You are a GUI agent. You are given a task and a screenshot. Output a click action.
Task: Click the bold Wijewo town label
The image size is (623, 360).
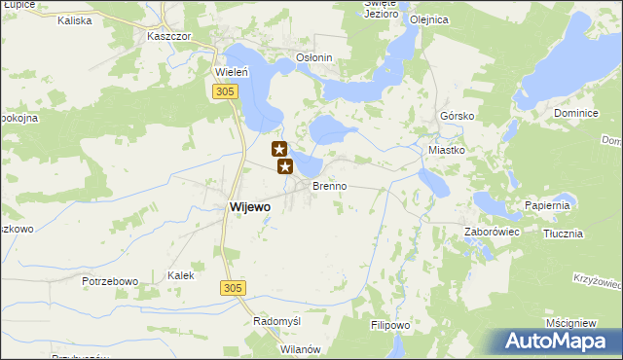(x=250, y=206)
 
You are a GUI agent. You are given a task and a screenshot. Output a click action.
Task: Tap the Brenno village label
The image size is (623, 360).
(x=329, y=185)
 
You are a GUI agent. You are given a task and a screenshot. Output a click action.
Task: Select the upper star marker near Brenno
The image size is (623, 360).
(x=279, y=149)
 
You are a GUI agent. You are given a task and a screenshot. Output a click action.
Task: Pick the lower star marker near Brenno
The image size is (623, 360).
(x=286, y=166)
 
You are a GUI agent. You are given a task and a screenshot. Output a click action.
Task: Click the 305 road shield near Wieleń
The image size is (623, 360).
(x=225, y=90)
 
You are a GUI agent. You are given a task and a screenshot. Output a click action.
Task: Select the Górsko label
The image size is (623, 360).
(x=456, y=114)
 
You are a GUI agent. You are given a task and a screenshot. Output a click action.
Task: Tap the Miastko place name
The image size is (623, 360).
(x=448, y=150)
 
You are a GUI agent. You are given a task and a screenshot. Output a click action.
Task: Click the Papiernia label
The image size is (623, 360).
(x=546, y=205)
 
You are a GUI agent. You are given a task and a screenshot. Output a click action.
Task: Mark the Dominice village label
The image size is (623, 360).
(x=574, y=113)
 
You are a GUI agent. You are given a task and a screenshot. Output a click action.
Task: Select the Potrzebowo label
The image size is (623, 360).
(x=110, y=281)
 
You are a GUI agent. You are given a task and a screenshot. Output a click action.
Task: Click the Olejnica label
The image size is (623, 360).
(x=429, y=18)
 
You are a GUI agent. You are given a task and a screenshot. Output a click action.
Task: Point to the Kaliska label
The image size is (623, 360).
(x=74, y=19)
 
